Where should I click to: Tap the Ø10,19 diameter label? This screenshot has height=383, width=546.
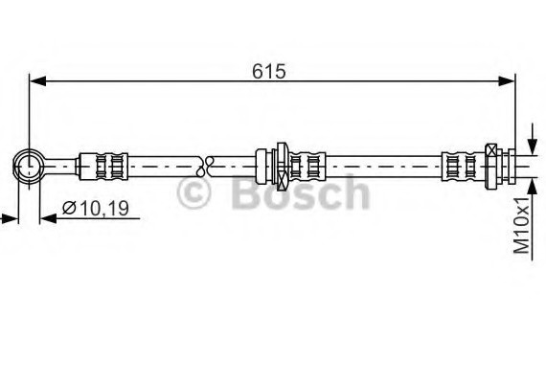(95, 207)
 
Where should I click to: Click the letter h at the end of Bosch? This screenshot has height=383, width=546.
(353, 192)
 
